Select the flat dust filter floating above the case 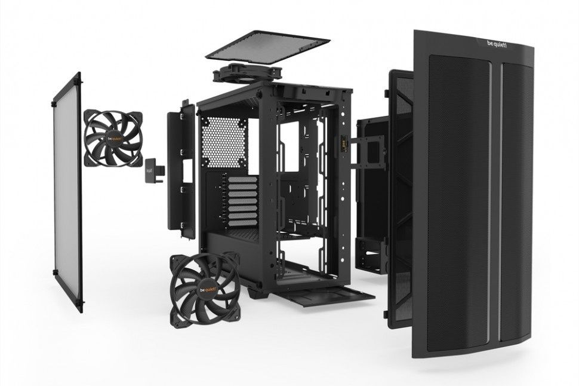click(267, 47)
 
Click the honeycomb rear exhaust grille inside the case click(224, 142)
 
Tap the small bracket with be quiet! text click(153, 170)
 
